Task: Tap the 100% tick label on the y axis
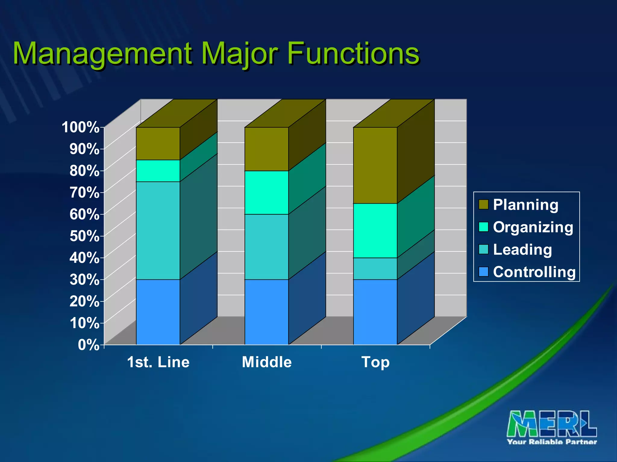coord(80,127)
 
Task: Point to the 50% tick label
coord(84,236)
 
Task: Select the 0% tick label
coord(89,345)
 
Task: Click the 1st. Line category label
coord(158,362)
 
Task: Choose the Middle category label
coord(267,362)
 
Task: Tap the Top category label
coord(375,362)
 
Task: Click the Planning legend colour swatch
coord(483,205)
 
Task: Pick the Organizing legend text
coord(533,227)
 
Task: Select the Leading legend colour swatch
coord(483,249)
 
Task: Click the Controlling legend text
coord(534,272)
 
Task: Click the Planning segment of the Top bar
coord(375,165)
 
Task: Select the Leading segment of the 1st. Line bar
coord(158,230)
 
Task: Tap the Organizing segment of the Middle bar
coord(266,192)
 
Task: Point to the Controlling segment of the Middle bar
coord(266,312)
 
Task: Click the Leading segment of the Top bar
coord(375,269)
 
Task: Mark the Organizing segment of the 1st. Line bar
coord(158,171)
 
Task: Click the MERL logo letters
coord(552,424)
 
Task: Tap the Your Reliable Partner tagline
coord(552,442)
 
